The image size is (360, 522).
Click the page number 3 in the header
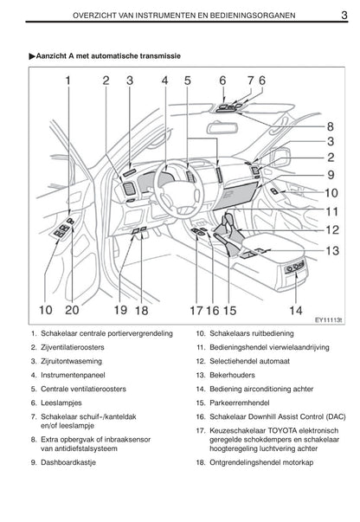[x=344, y=15]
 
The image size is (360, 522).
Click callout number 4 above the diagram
[x=165, y=81]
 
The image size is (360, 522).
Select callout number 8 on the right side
[x=330, y=126]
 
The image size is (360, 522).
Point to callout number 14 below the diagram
[x=296, y=310]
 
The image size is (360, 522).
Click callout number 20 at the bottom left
[x=72, y=310]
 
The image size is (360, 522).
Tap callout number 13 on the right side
[x=332, y=250]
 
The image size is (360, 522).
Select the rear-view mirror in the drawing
[x=222, y=128]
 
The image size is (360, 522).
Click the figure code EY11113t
[x=329, y=320]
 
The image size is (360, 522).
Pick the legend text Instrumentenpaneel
[x=73, y=375]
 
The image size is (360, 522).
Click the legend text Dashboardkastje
[x=68, y=462]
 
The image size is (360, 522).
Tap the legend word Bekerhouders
[x=232, y=375]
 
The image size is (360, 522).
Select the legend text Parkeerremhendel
[x=240, y=403]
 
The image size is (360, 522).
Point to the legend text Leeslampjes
[x=61, y=403]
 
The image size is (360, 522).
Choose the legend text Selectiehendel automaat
[x=249, y=361]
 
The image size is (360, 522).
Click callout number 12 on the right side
[x=332, y=229]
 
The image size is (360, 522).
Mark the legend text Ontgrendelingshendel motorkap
[x=261, y=462]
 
